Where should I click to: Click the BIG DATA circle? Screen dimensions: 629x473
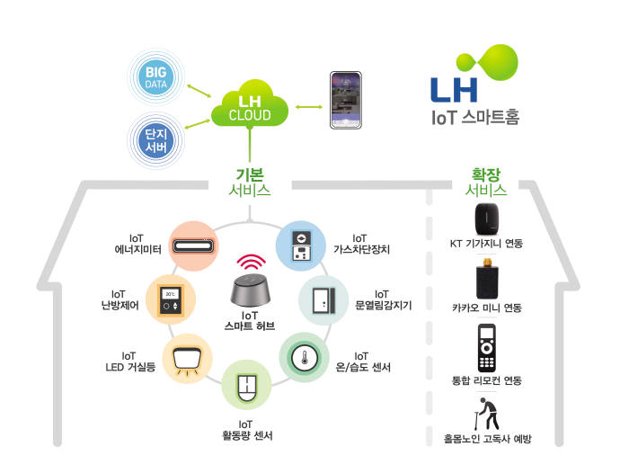click(156, 76)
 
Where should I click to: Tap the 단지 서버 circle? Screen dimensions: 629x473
click(155, 140)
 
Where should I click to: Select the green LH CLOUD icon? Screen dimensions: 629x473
click(250, 104)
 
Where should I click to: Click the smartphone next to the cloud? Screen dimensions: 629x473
click(346, 101)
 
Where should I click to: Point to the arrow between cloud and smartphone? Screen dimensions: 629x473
click(309, 107)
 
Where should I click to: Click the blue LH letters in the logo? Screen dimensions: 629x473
click(454, 90)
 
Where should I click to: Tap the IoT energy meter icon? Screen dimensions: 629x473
click(193, 245)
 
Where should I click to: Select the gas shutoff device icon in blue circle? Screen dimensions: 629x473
click(301, 245)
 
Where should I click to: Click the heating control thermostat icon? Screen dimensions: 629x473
click(171, 299)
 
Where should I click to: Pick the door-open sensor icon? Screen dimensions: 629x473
click(323, 300)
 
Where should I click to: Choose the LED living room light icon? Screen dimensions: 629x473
click(187, 360)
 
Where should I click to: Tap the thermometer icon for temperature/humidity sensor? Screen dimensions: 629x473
click(305, 357)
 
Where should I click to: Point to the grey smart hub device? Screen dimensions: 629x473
click(250, 290)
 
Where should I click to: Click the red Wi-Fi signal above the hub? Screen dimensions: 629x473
click(251, 263)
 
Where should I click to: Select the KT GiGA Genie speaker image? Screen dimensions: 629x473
click(487, 219)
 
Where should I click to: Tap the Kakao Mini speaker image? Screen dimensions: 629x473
click(487, 279)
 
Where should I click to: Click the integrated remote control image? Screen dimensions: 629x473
click(487, 348)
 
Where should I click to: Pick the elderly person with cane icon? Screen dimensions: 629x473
click(487, 414)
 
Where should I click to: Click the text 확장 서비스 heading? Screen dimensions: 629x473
click(486, 183)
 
